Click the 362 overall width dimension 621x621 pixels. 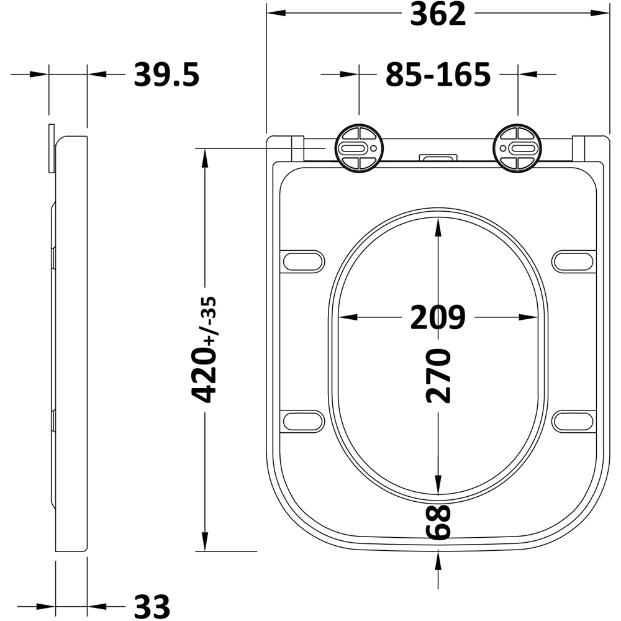point(438,14)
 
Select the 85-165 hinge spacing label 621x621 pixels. point(438,75)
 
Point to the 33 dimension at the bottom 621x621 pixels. point(152,606)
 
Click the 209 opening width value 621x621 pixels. point(438,317)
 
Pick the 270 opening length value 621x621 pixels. point(438,376)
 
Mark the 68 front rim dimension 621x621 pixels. point(438,522)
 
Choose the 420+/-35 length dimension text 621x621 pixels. point(204,350)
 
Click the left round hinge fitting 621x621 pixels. point(360,148)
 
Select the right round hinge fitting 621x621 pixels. point(518,148)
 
